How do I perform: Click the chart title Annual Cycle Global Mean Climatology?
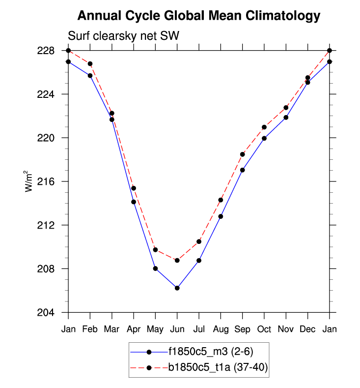coord(199,16)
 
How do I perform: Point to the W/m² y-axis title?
coord(29,180)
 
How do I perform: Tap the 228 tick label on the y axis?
coord(52,51)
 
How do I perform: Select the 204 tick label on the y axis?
coord(52,313)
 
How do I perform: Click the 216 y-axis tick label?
coord(52,181)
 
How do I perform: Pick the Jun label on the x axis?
coord(177,329)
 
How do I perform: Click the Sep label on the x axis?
coord(242,329)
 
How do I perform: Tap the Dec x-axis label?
coord(307,329)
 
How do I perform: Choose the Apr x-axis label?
coord(133,329)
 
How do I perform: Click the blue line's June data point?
coord(177,288)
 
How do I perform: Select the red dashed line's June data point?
coord(177,260)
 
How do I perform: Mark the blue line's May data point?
coord(155,269)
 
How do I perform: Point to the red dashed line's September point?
coord(243,154)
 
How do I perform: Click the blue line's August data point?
coord(221,216)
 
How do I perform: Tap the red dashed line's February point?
coord(90,63)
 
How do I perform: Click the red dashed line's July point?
coord(199,241)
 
